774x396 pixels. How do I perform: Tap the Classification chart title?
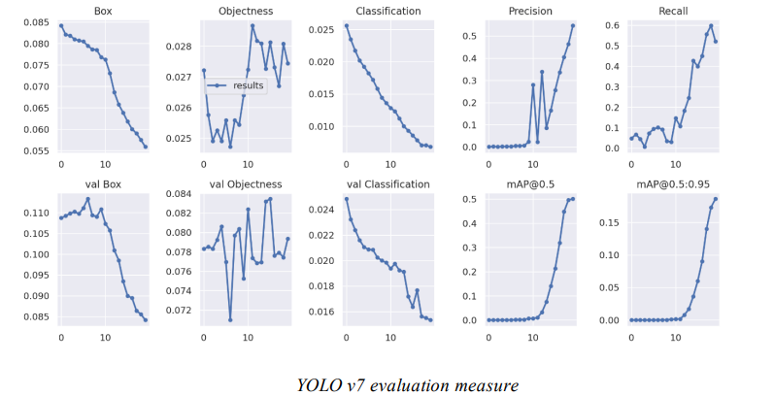click(388, 12)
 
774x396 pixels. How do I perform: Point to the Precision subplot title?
click(531, 12)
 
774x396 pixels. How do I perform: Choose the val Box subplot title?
click(103, 184)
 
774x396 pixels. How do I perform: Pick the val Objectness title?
click(246, 184)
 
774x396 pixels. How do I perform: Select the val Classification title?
click(388, 184)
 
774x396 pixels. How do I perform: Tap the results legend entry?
click(250, 85)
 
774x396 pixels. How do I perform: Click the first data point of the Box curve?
click(60, 25)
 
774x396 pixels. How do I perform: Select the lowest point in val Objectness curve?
click(230, 319)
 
